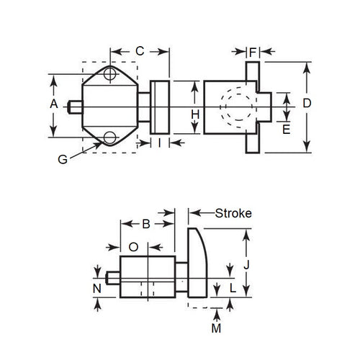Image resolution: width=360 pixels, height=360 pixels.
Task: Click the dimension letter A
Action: [53, 104]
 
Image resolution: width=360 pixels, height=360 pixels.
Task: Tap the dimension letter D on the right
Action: [307, 104]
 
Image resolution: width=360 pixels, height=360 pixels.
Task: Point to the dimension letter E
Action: [287, 129]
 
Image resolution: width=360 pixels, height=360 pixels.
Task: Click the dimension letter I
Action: [159, 143]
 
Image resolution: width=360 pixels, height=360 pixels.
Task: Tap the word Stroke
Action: [232, 213]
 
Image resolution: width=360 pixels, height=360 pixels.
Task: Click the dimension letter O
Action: [132, 246]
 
